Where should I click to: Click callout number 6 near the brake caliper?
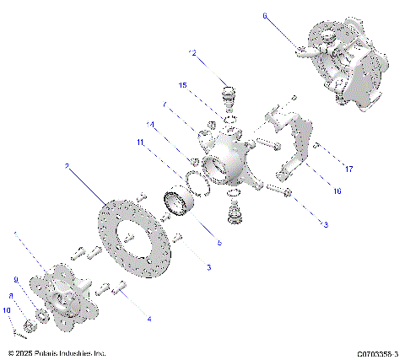[x=264, y=15]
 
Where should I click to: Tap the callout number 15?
[x=182, y=85]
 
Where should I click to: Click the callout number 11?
[x=141, y=143]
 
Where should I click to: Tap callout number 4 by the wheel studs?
[x=149, y=319]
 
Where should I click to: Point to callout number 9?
[x=14, y=279]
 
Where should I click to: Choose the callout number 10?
[x=7, y=310]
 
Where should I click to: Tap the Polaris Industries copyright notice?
[x=57, y=354]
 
